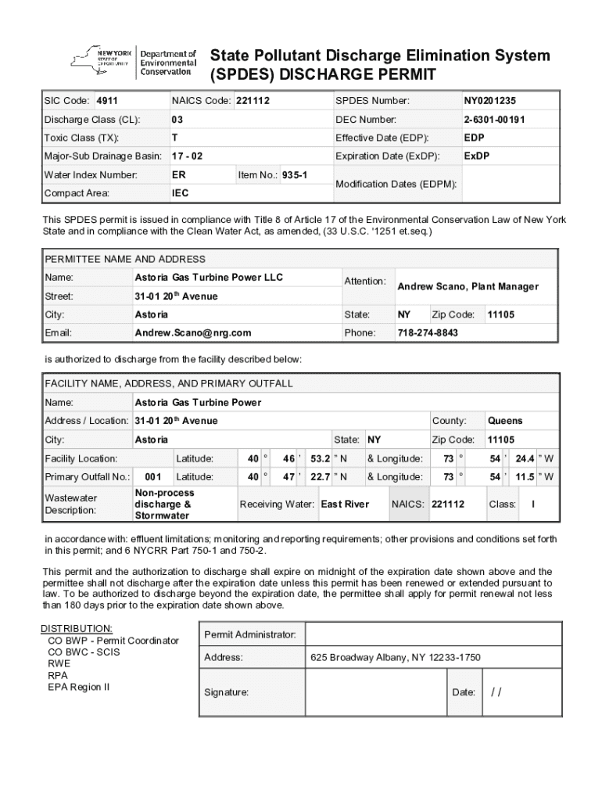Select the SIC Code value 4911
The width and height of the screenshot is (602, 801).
tap(106, 101)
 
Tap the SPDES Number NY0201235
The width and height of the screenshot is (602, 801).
tap(489, 101)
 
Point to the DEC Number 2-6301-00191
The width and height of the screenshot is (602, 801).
tap(494, 120)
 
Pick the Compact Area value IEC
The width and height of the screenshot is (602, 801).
tap(180, 193)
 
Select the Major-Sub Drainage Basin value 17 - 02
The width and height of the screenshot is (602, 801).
tap(187, 156)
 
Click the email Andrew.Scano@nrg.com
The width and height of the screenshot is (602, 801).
tap(192, 332)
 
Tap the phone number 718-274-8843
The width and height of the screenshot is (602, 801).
tap(428, 332)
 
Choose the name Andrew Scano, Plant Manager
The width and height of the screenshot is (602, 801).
tap(468, 286)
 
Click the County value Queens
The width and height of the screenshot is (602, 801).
tap(504, 421)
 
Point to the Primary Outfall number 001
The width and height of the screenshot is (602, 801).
tap(153, 477)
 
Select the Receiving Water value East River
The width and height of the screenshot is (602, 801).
tap(345, 505)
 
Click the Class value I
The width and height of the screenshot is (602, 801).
tap(533, 505)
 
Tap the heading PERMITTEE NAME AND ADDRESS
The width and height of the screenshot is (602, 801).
tap(125, 259)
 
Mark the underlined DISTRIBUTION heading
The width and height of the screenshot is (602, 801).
tap(77, 629)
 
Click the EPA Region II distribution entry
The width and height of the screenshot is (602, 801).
tap(79, 687)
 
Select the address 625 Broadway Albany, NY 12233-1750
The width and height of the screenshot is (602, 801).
tap(395, 658)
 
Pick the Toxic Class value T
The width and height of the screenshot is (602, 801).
tap(174, 138)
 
